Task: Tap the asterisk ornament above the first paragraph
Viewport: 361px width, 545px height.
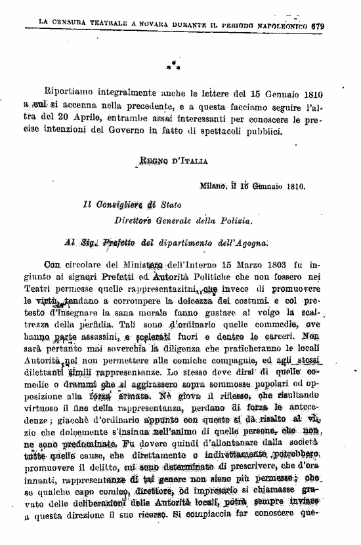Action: click(x=173, y=66)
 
